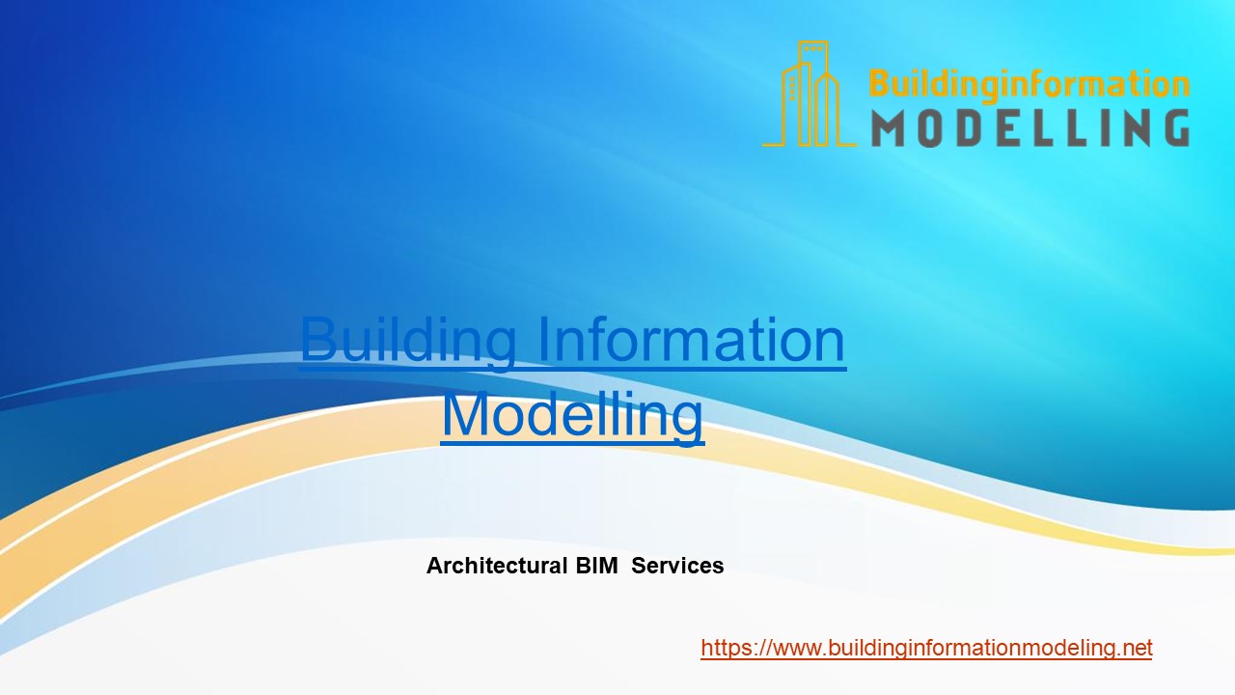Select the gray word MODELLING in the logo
pos(1029,127)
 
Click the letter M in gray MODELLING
pos(891,127)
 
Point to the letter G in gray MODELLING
pos(1170,127)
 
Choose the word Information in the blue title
pos(691,340)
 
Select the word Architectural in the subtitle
pos(497,566)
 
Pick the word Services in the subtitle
pos(677,566)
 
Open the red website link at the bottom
pos(926,648)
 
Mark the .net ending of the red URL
pos(1134,648)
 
